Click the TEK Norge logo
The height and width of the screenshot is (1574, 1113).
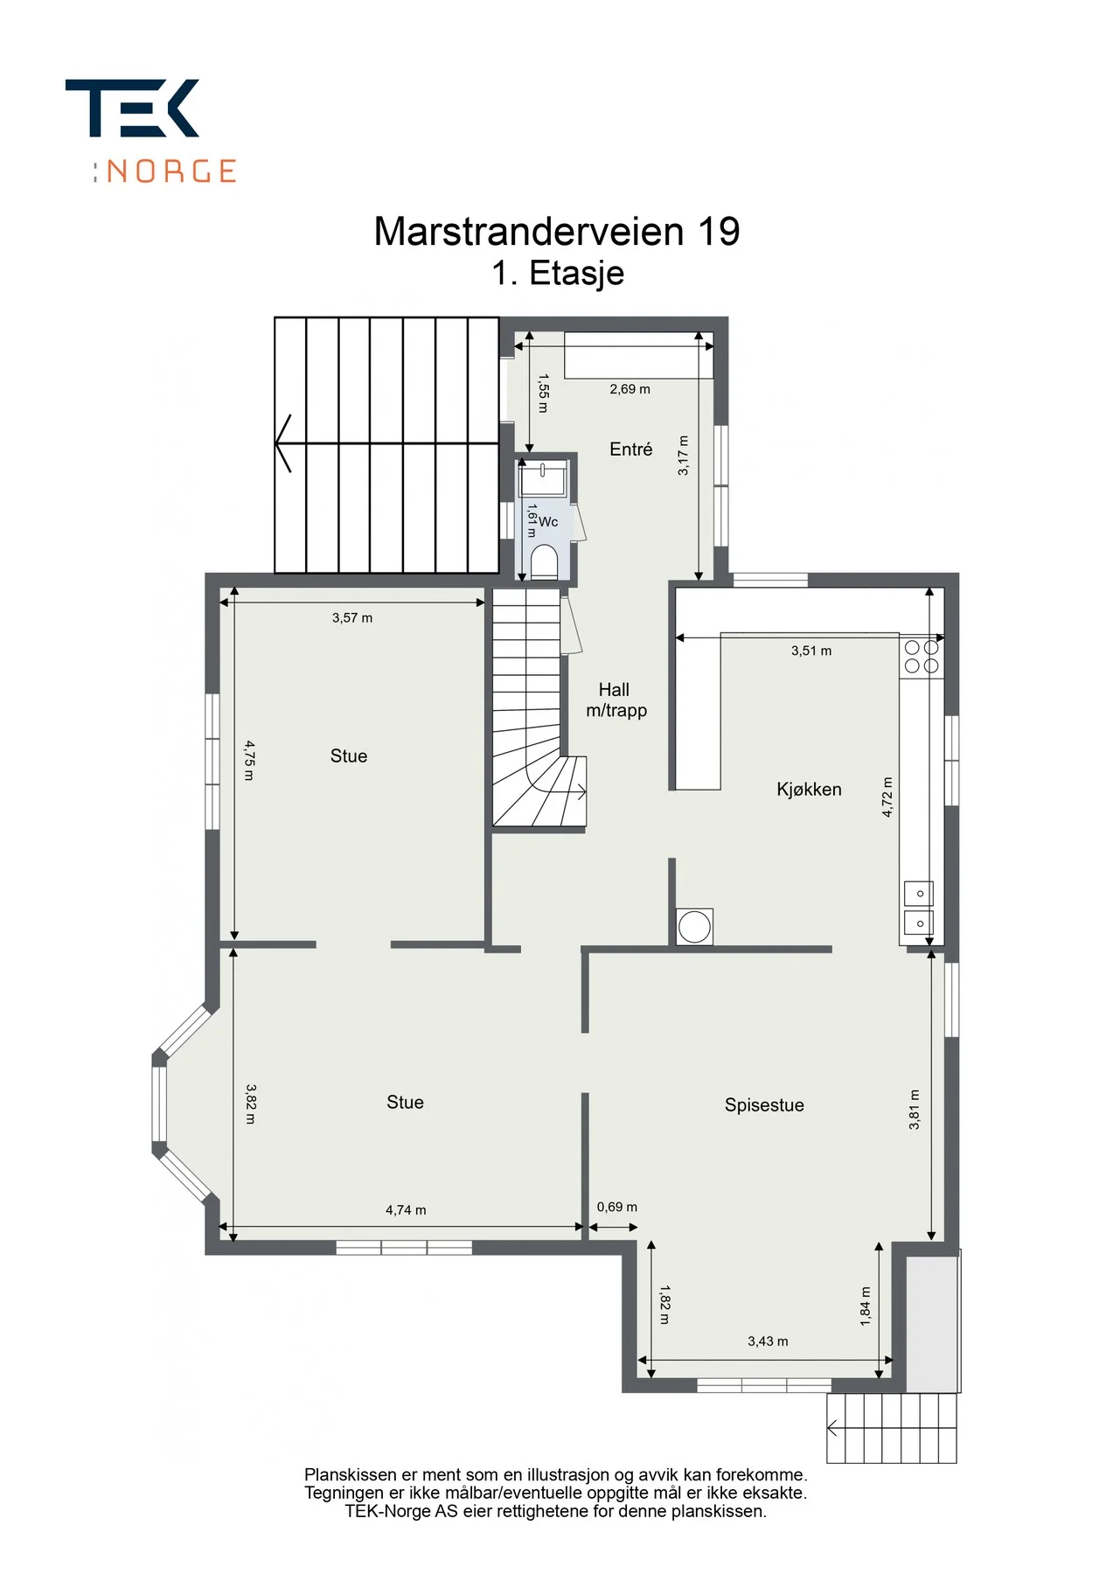click(x=150, y=131)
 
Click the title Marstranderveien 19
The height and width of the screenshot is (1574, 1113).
click(x=557, y=232)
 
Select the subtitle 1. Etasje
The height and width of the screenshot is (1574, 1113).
click(x=558, y=273)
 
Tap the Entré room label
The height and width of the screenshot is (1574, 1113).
click(x=631, y=449)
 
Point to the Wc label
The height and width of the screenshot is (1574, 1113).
click(x=548, y=522)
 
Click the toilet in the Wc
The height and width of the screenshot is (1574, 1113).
click(x=544, y=562)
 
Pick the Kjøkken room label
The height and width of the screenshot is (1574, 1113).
click(x=809, y=790)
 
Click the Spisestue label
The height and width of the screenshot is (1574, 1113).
click(x=764, y=1105)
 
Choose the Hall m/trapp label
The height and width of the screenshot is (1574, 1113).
click(x=616, y=700)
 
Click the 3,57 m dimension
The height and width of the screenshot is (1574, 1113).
click(x=352, y=618)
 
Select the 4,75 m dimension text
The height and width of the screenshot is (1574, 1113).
click(x=249, y=760)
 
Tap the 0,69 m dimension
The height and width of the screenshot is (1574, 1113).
click(x=617, y=1208)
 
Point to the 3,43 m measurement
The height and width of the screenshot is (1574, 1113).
click(x=768, y=1341)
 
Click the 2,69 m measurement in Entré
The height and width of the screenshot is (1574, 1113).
click(x=630, y=389)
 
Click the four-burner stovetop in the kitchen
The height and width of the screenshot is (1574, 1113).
click(x=922, y=657)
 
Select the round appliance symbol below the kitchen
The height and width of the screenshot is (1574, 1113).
click(x=695, y=927)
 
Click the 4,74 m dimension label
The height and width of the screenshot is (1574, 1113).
click(x=406, y=1210)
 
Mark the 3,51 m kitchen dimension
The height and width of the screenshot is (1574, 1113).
click(x=811, y=651)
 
